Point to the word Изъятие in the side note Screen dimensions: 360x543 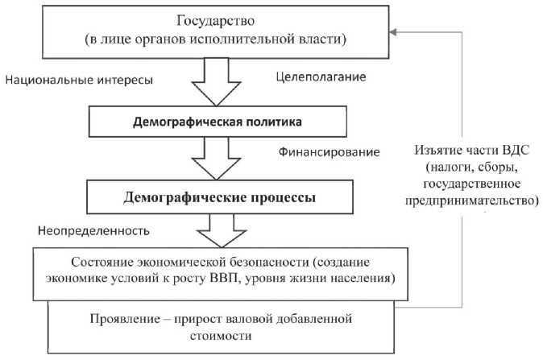[438, 153]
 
